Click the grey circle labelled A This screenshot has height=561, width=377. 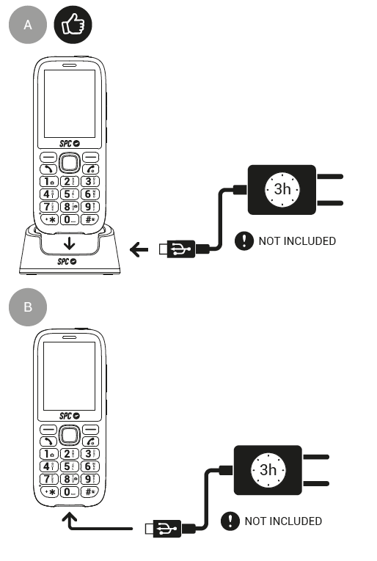[x=28, y=25]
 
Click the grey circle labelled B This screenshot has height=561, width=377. [x=28, y=307]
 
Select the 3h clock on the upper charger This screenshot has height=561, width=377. [x=282, y=189]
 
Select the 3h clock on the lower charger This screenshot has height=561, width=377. [x=268, y=469]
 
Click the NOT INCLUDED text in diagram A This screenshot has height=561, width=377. [x=297, y=241]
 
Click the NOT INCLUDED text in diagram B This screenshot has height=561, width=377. [x=283, y=521]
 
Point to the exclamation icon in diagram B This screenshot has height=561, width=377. [x=230, y=521]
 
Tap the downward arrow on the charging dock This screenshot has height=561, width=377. [x=67, y=243]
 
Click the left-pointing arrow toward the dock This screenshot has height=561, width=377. [x=139, y=251]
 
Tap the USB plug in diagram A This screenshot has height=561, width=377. [x=177, y=250]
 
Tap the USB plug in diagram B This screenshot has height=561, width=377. [x=164, y=527]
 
